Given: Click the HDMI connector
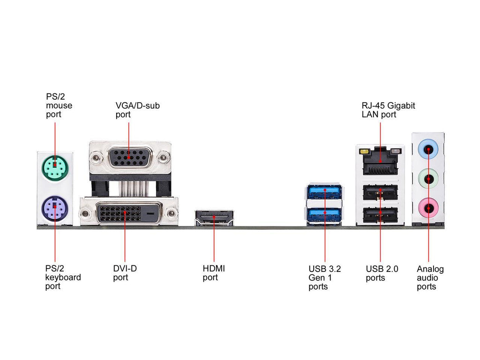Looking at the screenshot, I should pyautogui.click(x=214, y=218).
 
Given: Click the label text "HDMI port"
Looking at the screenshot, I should pyautogui.click(x=214, y=273).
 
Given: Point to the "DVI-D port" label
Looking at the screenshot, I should pyautogui.click(x=125, y=273).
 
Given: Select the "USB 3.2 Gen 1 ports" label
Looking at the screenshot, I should pyautogui.click(x=324, y=277).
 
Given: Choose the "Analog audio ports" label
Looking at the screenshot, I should pyautogui.click(x=430, y=277).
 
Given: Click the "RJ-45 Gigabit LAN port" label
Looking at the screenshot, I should pyautogui.click(x=388, y=110).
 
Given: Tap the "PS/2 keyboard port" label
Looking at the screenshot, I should pyautogui.click(x=63, y=277).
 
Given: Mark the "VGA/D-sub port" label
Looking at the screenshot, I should pyautogui.click(x=137, y=110).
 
